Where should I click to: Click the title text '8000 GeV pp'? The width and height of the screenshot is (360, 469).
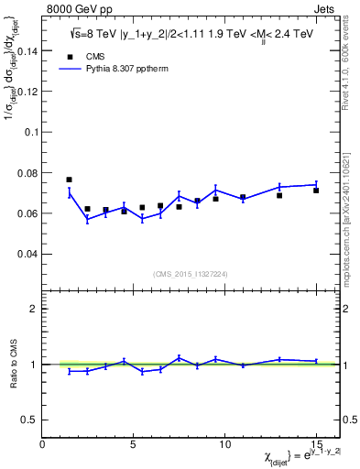click(x=75, y=9)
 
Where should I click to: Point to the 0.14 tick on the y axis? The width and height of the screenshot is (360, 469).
click(x=28, y=51)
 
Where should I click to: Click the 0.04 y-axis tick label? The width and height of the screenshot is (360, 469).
click(x=28, y=253)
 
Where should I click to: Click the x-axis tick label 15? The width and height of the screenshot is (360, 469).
click(x=316, y=442)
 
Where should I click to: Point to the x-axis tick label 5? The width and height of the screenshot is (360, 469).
click(x=134, y=442)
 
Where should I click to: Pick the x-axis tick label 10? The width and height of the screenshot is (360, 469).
click(x=224, y=442)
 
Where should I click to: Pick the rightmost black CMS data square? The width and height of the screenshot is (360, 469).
click(x=316, y=191)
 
